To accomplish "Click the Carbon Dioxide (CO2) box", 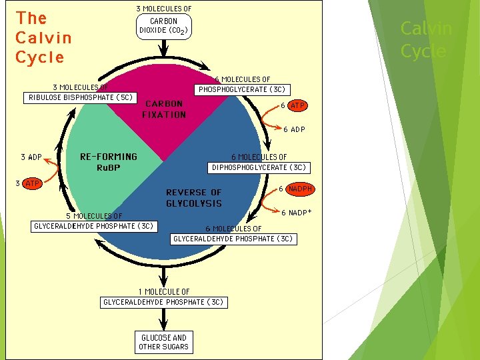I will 163,25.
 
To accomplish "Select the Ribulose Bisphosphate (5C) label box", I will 81,97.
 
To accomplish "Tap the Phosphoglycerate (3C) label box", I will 242,89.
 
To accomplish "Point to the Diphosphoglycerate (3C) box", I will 259,167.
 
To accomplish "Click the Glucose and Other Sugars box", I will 163,342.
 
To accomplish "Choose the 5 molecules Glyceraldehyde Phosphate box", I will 94,225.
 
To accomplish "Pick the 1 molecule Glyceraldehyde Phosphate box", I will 163,302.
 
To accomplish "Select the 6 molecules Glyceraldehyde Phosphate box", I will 233,238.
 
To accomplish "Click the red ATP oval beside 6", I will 298,105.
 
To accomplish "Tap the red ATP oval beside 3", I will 32,183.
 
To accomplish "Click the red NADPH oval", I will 300,189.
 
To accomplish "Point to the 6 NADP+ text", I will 297,213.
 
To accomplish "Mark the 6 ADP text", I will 295,129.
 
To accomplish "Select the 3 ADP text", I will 31,157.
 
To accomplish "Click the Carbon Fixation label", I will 164,109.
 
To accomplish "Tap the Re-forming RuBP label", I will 108,162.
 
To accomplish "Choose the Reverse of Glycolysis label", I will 194,197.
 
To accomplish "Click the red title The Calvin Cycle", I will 43,37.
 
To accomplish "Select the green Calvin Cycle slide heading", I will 426,39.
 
